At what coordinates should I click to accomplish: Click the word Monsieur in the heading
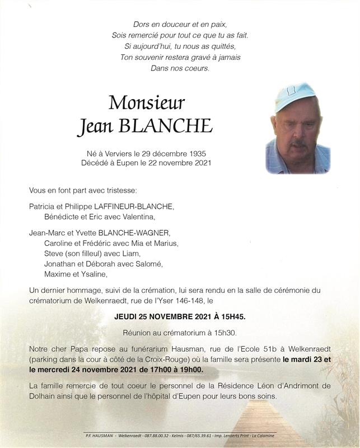147,102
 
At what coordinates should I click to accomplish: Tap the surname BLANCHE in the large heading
165,127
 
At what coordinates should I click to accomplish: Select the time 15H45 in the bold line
230,316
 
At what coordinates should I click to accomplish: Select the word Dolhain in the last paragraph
42,396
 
